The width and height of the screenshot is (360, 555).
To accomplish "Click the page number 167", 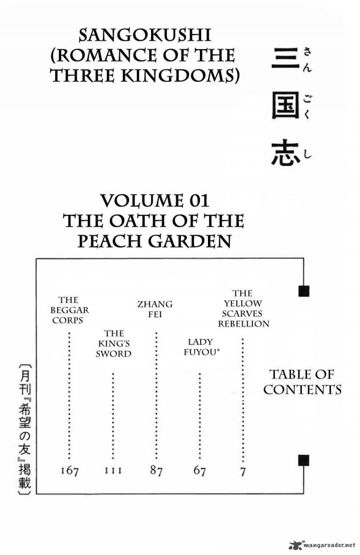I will (69, 471).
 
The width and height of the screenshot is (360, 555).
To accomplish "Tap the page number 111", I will (113, 471).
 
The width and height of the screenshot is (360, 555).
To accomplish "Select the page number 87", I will (156, 471).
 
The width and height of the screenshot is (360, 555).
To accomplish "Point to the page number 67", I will (199, 471).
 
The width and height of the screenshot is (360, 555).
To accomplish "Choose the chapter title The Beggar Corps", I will (69, 310).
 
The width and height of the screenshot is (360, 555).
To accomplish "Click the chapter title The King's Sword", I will (113, 343).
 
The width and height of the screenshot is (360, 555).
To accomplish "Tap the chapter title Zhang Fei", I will (155, 309).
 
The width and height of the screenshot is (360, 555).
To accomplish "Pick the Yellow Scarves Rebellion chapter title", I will (243, 308).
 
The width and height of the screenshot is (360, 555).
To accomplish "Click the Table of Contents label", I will (302, 381).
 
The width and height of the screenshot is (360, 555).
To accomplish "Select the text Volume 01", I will (154, 200).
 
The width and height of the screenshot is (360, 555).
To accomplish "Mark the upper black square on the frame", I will (304, 291).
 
